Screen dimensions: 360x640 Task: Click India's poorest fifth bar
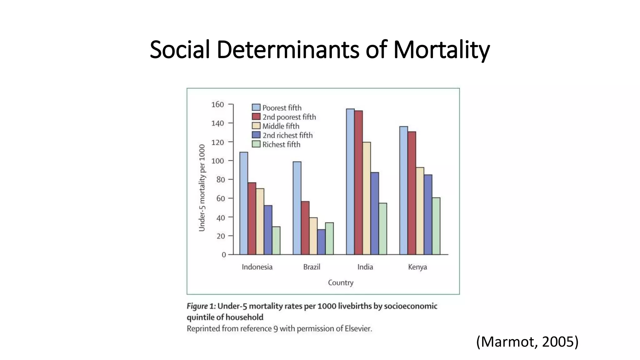(x=350, y=181)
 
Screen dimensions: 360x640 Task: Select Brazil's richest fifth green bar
(x=329, y=238)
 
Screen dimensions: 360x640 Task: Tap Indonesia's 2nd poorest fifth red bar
(x=252, y=218)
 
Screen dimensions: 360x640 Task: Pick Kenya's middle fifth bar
(x=420, y=211)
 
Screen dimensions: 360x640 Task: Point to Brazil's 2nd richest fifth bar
(x=321, y=242)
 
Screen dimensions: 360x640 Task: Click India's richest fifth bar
(x=382, y=229)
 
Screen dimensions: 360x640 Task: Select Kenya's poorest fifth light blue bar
(x=403, y=190)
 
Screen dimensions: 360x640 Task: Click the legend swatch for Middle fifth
(x=256, y=126)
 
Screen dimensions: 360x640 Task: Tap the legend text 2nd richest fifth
(x=287, y=135)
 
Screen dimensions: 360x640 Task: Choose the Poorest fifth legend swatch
(x=256, y=107)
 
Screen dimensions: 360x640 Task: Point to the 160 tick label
(x=217, y=104)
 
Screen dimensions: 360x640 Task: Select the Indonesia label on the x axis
(x=257, y=267)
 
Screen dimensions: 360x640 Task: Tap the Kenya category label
(x=417, y=267)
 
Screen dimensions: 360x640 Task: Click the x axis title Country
(x=340, y=282)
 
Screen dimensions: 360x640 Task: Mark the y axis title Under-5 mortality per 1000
(x=202, y=188)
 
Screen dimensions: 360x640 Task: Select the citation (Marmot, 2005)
(x=527, y=342)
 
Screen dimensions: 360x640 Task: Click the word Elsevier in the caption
(x=358, y=329)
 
